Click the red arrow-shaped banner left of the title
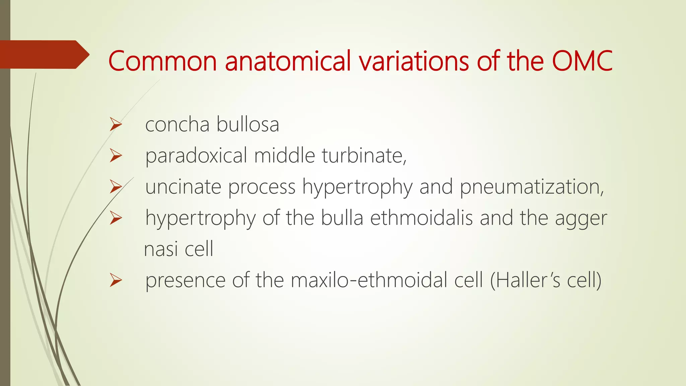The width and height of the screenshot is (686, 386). [44, 55]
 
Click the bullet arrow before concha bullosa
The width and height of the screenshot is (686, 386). [116, 125]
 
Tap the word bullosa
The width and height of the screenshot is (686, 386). [248, 124]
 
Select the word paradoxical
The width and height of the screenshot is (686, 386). [196, 156]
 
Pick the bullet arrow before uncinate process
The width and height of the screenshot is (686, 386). [116, 187]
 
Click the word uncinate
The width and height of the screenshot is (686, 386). [183, 187]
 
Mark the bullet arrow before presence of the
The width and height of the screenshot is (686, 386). [116, 280]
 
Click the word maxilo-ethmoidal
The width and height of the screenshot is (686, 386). [369, 280]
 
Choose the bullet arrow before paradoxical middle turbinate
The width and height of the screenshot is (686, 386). [116, 156]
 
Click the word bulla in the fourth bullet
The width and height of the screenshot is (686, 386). [342, 218]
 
